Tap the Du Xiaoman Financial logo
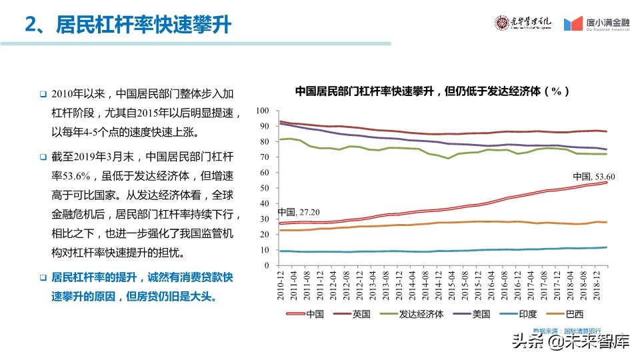[597, 24]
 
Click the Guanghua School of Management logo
[523, 23]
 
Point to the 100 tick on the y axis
[262, 111]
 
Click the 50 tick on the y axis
[264, 188]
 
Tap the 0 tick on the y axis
[266, 265]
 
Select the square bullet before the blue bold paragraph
[42, 277]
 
